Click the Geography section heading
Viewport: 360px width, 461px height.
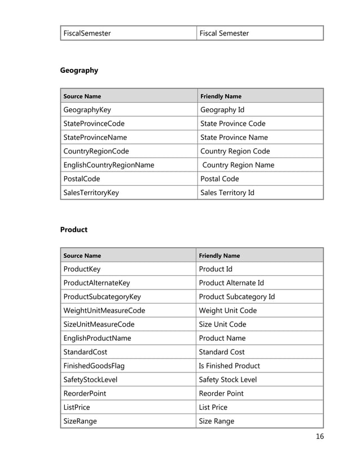(x=79, y=71)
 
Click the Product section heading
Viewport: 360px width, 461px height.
(x=74, y=230)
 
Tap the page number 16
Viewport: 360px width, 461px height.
(x=320, y=436)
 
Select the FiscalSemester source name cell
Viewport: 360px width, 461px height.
(x=87, y=33)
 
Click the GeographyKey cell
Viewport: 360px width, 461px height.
(x=87, y=110)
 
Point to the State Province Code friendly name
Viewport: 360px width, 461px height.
(x=232, y=124)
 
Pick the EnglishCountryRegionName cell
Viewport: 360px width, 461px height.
(x=108, y=165)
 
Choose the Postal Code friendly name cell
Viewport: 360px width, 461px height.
(x=219, y=179)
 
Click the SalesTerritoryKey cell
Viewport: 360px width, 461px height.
(x=91, y=192)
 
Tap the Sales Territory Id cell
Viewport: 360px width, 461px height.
(x=227, y=192)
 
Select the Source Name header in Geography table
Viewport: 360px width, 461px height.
(x=82, y=96)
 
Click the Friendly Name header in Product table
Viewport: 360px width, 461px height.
(x=220, y=256)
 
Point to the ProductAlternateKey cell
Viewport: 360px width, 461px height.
(x=96, y=283)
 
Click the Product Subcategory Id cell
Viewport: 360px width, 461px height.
(x=237, y=297)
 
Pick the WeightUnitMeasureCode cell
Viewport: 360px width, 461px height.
(x=104, y=310)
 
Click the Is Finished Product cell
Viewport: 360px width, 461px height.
(x=229, y=366)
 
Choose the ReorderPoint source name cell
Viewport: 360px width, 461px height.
(x=85, y=393)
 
